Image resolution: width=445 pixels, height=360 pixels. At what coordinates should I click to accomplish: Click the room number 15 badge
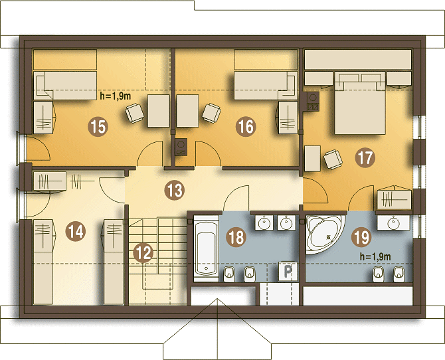[98, 127]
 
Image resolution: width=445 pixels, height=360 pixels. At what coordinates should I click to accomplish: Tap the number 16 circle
[246, 127]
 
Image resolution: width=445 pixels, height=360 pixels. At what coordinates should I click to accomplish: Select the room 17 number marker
[365, 157]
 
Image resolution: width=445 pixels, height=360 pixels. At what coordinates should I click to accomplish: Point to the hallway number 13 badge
[175, 190]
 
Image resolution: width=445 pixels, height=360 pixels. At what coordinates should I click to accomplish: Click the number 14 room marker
[76, 231]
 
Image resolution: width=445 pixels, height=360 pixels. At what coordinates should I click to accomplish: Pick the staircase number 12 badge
[143, 253]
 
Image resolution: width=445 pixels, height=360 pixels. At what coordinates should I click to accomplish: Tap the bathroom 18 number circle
[236, 237]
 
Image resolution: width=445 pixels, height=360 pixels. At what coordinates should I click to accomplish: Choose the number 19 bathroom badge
[361, 237]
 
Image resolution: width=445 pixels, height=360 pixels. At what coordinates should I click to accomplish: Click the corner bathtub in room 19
[325, 234]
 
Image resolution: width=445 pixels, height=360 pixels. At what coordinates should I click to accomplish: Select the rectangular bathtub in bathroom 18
[207, 248]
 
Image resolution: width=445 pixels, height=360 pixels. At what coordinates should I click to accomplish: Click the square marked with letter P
[288, 272]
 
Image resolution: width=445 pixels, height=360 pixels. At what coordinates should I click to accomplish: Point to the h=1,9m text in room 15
[116, 96]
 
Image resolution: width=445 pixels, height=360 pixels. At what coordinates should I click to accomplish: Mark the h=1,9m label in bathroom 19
[375, 256]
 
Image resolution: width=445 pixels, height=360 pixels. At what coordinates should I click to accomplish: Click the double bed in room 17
[360, 103]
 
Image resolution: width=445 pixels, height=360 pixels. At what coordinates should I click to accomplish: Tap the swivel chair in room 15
[135, 113]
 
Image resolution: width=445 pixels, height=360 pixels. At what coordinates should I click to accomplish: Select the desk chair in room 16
[211, 113]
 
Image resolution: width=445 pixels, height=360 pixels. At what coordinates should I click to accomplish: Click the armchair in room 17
[333, 159]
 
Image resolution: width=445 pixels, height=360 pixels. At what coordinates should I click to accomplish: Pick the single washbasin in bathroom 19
[393, 223]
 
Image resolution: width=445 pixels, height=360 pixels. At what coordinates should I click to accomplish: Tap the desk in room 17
[312, 159]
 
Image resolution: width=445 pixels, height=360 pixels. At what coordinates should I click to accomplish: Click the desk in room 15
[159, 111]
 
